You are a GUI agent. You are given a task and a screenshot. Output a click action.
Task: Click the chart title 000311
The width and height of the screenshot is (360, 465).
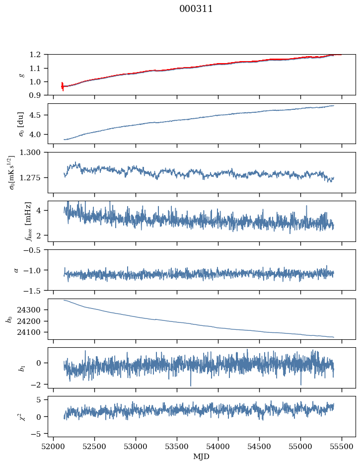pyautogui.click(x=196, y=9)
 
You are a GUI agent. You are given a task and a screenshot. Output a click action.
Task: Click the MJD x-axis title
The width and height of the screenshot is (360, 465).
pyautogui.click(x=202, y=457)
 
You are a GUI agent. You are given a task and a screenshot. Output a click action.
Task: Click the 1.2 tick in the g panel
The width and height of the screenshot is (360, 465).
pyautogui.click(x=38, y=54)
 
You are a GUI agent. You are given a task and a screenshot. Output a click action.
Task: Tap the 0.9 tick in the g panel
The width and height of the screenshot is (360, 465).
pyautogui.click(x=38, y=95)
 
